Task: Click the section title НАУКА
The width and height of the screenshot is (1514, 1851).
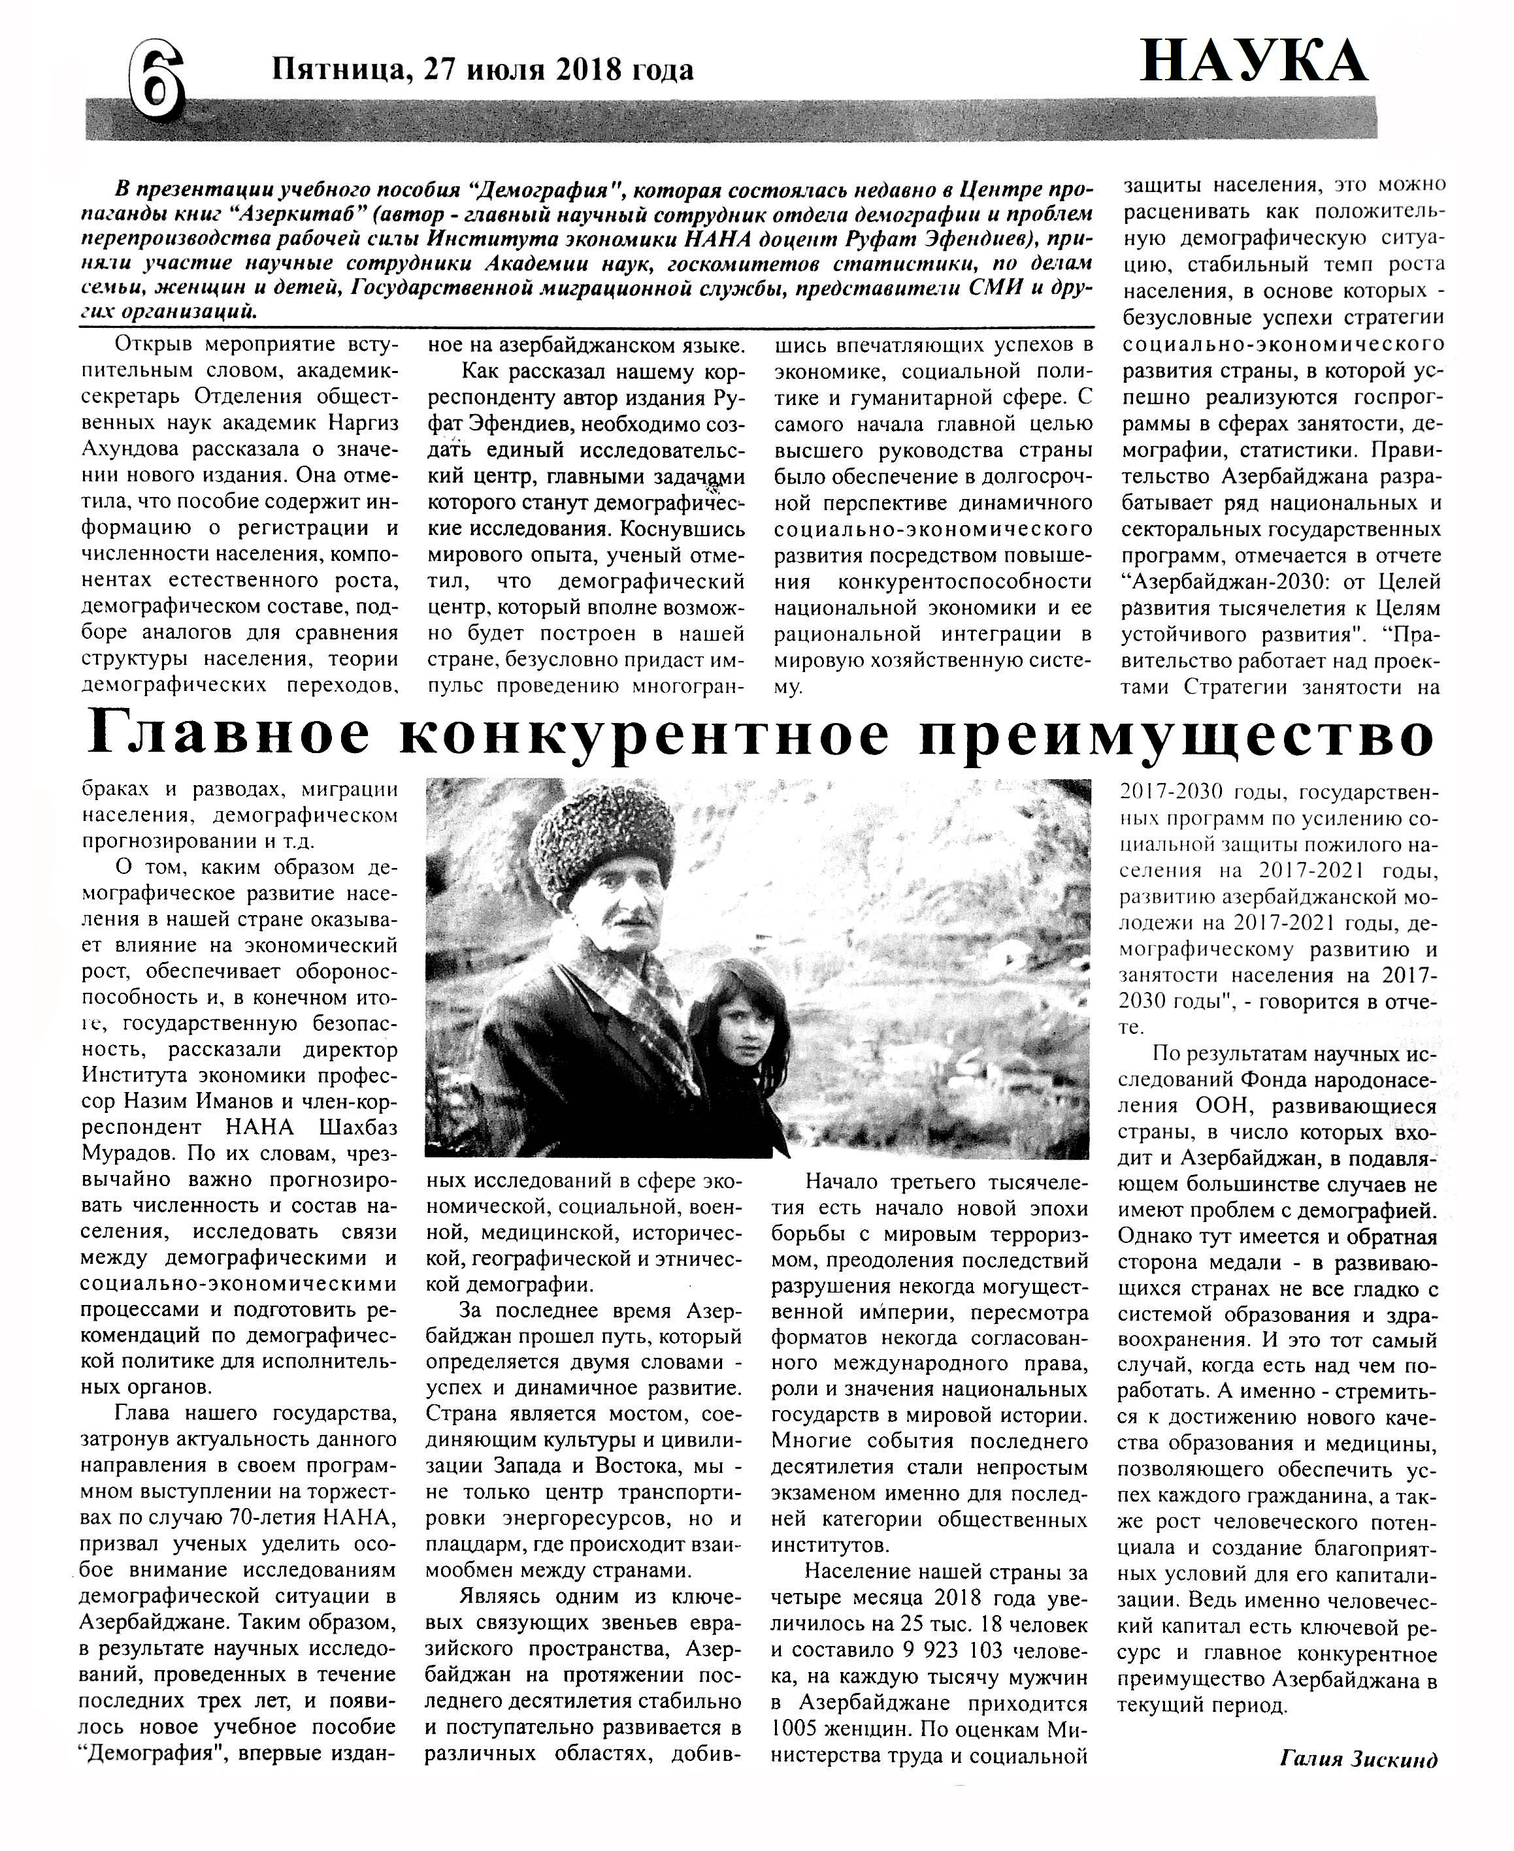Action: click(x=1253, y=62)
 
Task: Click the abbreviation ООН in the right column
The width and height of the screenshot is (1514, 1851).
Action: click(x=1224, y=1106)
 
